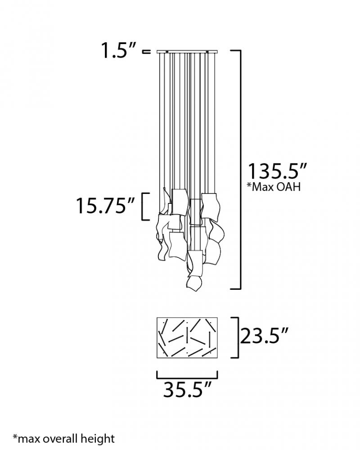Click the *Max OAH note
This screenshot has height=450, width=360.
[274, 187]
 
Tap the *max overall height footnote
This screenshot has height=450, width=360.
[63, 439]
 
